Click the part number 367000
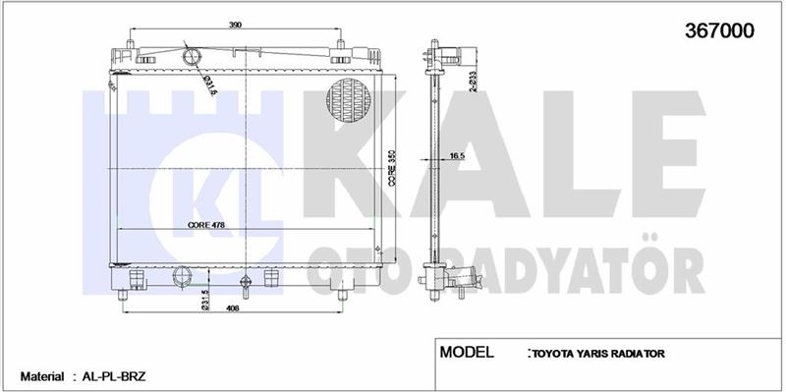point(719,31)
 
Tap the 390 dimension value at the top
point(235,25)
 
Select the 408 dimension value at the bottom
point(232,308)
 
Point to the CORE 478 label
point(206,225)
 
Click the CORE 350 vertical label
point(392,168)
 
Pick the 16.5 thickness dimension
point(457,156)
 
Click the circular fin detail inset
point(349,100)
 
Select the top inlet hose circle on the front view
point(192,56)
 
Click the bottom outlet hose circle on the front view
point(182,276)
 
